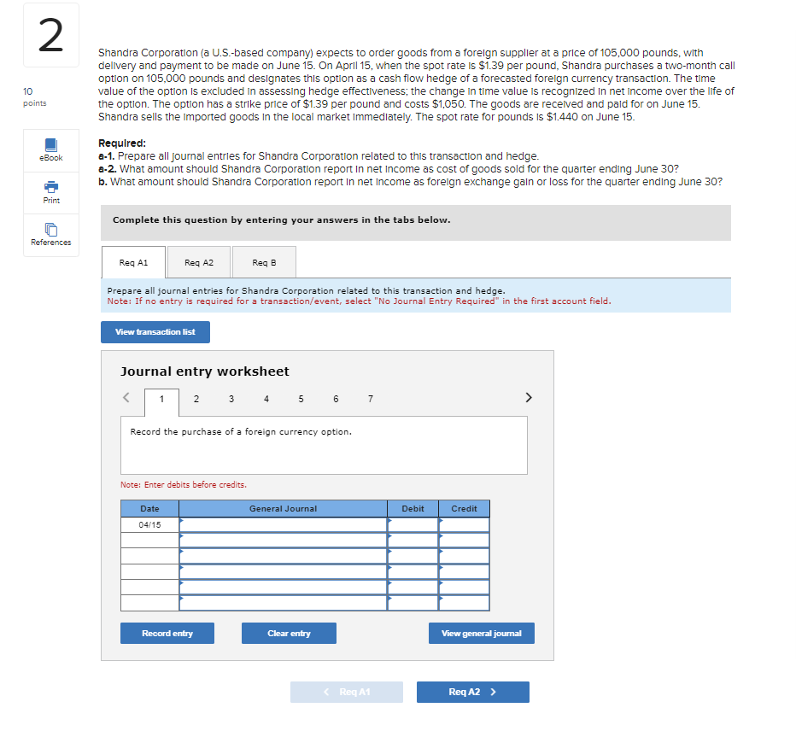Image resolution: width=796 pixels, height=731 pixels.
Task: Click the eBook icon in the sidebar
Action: pos(50,146)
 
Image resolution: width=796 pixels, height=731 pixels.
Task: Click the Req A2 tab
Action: pos(198,262)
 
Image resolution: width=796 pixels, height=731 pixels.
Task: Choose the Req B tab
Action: pos(264,262)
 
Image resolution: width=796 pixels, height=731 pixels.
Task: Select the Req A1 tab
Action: pos(133,262)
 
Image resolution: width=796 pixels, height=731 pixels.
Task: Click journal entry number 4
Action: pos(266,398)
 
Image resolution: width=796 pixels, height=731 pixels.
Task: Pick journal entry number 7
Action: pos(370,398)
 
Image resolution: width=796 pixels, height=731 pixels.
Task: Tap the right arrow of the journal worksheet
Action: pos(529,397)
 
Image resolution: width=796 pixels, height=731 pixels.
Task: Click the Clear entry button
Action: pos(289,634)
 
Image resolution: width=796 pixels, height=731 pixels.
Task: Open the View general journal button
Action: pos(481,634)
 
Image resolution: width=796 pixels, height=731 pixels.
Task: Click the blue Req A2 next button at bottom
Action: pos(472,692)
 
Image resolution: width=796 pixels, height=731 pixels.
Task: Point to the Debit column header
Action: pos(413,509)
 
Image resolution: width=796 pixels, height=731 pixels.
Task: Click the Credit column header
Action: pos(464,509)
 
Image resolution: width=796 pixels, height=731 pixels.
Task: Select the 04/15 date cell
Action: pos(149,524)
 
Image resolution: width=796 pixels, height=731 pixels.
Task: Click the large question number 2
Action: pos(50,36)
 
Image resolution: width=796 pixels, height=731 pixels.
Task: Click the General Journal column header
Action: pos(283,509)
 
